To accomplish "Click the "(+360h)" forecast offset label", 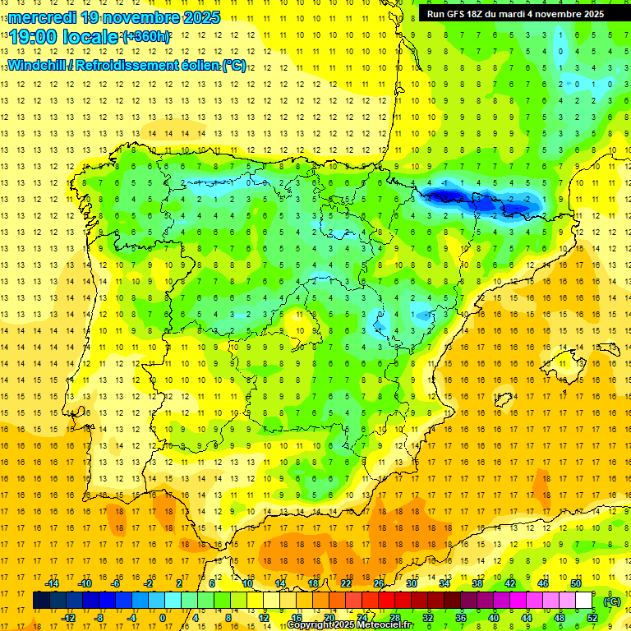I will pyautogui.click(x=146, y=37).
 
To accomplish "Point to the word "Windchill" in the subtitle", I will pyautogui.click(x=40, y=65).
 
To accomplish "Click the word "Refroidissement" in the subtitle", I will pyautogui.click(x=132, y=65).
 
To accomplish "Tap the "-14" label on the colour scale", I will pyautogui.click(x=53, y=583).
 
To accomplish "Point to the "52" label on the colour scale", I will pyautogui.click(x=592, y=618).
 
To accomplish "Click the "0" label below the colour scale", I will pyautogui.click(x=163, y=618).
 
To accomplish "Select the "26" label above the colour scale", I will pyautogui.click(x=379, y=583).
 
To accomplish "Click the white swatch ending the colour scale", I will pyautogui.click(x=584, y=601).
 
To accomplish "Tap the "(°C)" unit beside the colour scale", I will pyautogui.click(x=612, y=601).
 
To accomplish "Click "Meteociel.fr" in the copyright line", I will pyautogui.click(x=385, y=625).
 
